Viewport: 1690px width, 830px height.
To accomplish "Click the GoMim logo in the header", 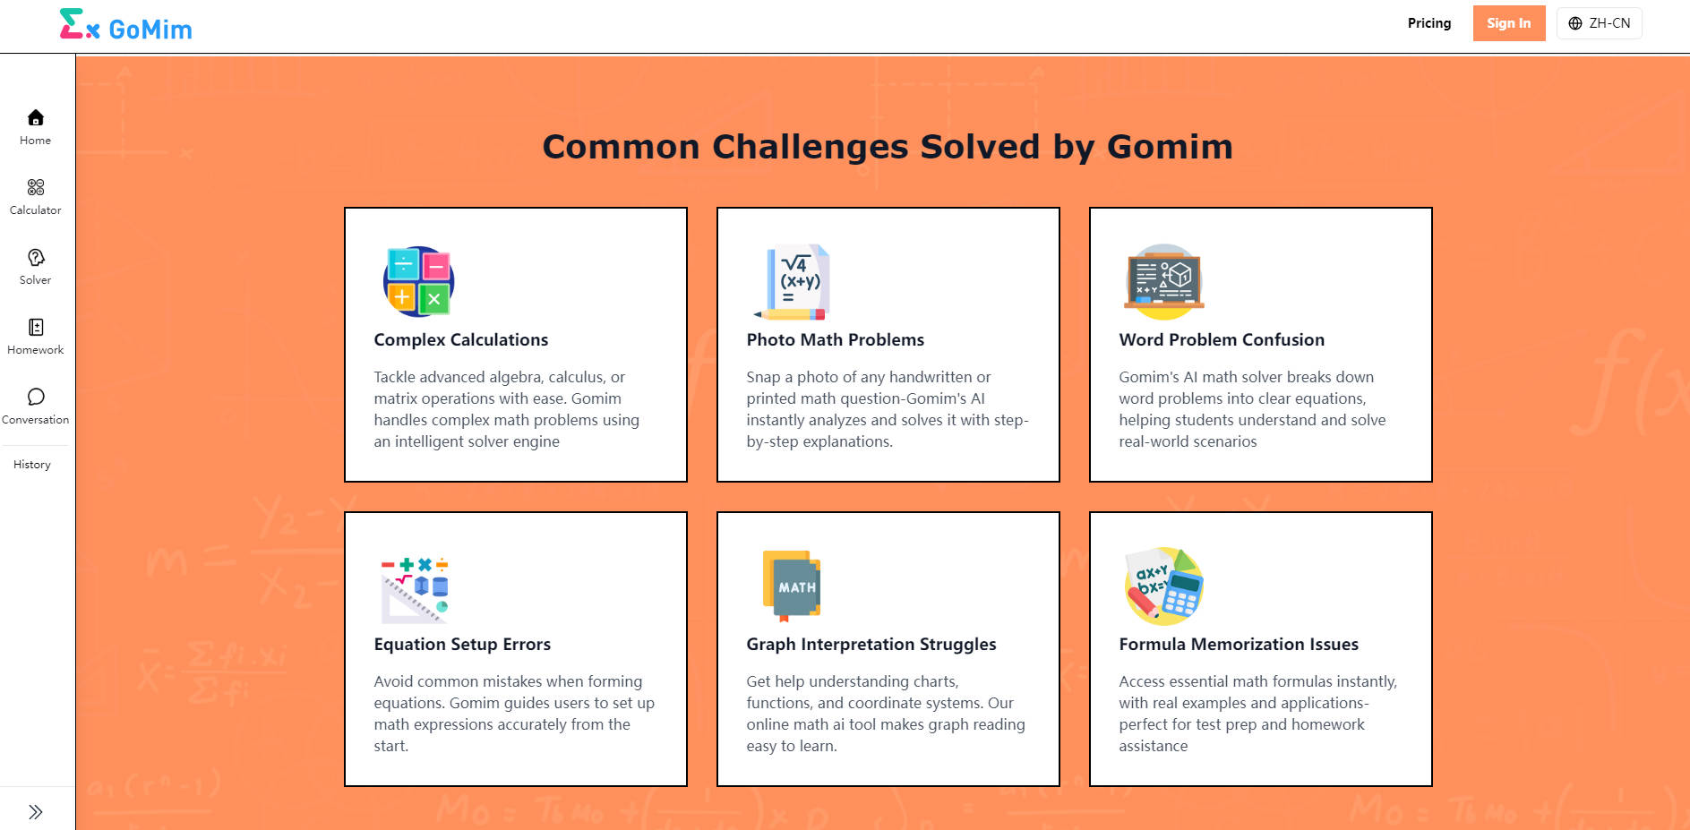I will point(125,27).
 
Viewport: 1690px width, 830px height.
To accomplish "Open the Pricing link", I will point(1428,23).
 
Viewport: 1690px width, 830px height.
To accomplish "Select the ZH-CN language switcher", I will point(1599,23).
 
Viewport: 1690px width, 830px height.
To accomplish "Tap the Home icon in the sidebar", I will point(36,118).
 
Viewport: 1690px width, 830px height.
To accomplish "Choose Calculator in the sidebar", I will point(36,188).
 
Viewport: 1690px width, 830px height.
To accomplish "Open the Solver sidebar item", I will point(36,258).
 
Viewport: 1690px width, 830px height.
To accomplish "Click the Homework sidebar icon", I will point(36,328).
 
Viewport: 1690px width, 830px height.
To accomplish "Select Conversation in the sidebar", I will point(36,398).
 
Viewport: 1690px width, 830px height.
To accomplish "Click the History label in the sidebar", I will point(32,465).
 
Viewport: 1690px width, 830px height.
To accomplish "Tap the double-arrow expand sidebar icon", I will point(36,812).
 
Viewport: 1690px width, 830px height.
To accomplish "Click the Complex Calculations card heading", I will point(460,340).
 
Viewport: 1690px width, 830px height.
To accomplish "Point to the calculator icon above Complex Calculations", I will point(418,281).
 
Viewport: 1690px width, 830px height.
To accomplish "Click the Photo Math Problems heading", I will point(835,340).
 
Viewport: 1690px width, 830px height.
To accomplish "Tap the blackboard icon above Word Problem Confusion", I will point(1163,281).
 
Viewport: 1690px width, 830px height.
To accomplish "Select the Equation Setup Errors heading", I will point(462,645).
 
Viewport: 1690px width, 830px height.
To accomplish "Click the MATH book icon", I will point(792,586).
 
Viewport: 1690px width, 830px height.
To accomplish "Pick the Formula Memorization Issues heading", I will point(1238,645).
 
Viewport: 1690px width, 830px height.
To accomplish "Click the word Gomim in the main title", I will point(1170,147).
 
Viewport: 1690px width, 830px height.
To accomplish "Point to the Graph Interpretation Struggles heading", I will point(871,645).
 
